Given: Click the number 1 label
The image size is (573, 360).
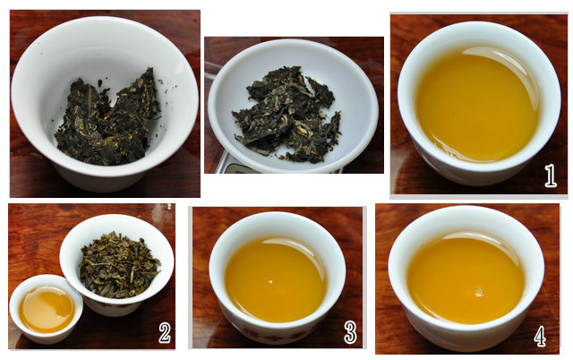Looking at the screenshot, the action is (x=551, y=176).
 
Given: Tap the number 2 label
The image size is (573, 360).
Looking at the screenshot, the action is (x=165, y=332).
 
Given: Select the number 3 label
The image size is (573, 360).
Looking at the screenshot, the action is (x=350, y=332).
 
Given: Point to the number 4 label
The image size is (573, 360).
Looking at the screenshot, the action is (x=540, y=336).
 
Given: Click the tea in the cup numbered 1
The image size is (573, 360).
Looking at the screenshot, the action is (x=477, y=104).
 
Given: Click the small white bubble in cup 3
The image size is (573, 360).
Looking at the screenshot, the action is (x=270, y=281).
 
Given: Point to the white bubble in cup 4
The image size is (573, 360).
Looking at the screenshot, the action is (x=479, y=292).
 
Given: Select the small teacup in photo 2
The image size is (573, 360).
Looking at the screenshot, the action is (x=46, y=309).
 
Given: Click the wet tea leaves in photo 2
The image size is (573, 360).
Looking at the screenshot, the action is (x=119, y=264).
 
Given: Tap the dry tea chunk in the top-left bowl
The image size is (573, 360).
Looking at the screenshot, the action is (x=107, y=120).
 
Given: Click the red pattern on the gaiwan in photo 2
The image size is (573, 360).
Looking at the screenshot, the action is (x=109, y=304).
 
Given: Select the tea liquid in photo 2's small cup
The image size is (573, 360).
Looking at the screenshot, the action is (x=47, y=309).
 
